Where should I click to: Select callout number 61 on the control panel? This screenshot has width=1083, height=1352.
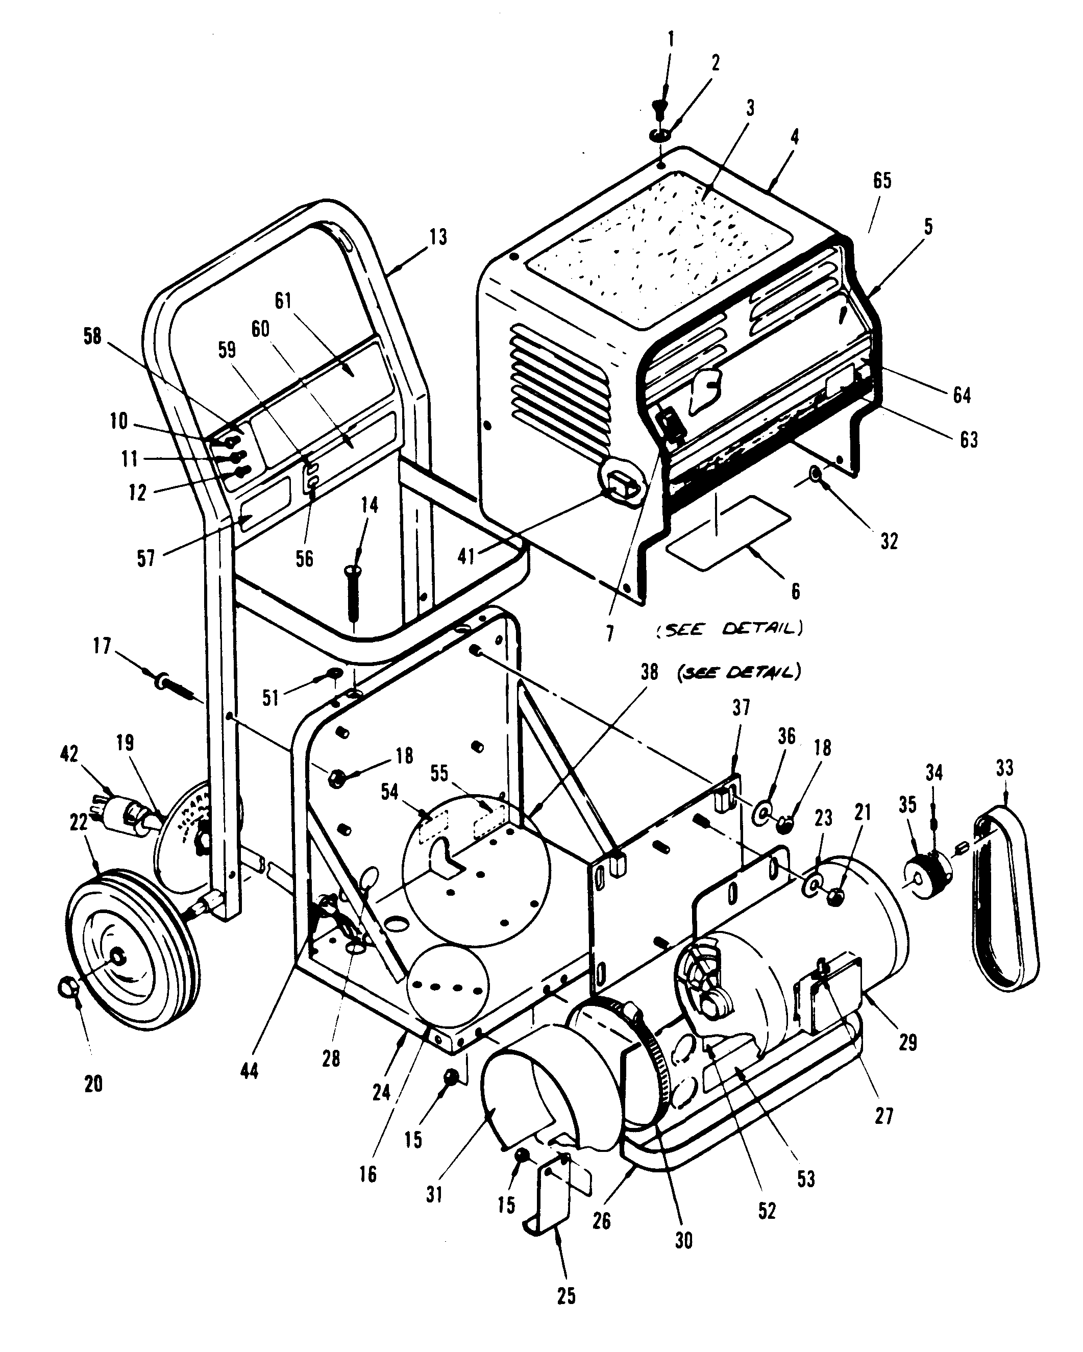[x=283, y=301]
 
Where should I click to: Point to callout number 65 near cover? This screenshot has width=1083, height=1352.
[x=882, y=181]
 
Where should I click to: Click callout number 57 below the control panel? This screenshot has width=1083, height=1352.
[x=145, y=558]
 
